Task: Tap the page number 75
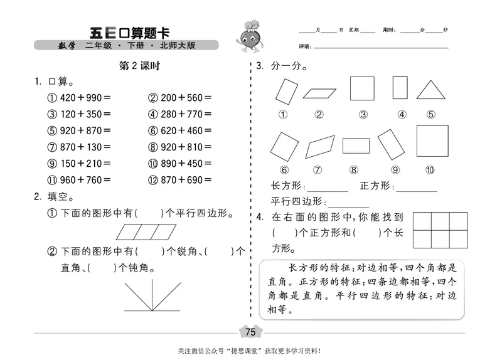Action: click(251, 332)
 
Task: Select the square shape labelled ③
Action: click(362, 89)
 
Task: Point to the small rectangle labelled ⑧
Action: click(356, 146)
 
